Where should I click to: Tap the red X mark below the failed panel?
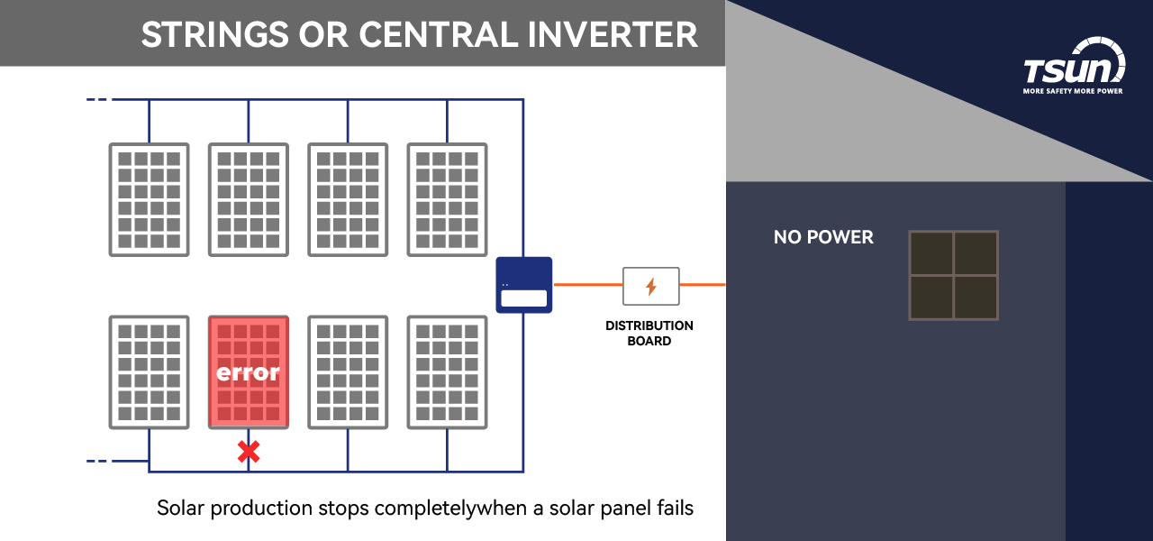point(249,452)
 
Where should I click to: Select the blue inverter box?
point(523,285)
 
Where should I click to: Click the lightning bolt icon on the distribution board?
point(651,287)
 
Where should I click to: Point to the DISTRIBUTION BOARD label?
point(649,333)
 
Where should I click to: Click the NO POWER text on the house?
point(823,237)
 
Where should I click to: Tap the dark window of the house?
point(953,275)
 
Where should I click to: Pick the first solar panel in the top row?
point(150,199)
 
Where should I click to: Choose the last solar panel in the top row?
point(447,199)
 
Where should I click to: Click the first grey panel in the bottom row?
point(150,371)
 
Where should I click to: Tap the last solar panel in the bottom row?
point(447,371)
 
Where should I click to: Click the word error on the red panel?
point(249,371)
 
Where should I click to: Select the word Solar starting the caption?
point(180,508)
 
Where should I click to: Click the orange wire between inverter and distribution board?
point(586,285)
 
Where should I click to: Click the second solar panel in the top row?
point(249,199)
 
